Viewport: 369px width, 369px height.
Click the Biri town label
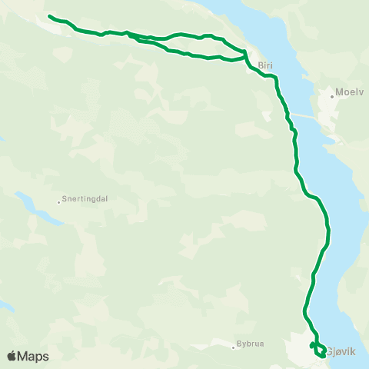pos(266,66)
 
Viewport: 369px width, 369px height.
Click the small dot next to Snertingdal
pos(59,202)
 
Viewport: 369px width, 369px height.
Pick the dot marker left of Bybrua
pos(234,347)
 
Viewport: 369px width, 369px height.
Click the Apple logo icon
pos(12,356)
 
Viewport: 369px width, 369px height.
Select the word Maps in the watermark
pos(34,356)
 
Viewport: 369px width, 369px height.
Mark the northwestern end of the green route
pos(49,16)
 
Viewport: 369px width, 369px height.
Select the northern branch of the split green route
pos(184,35)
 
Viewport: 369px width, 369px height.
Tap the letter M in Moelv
pos(339,96)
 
